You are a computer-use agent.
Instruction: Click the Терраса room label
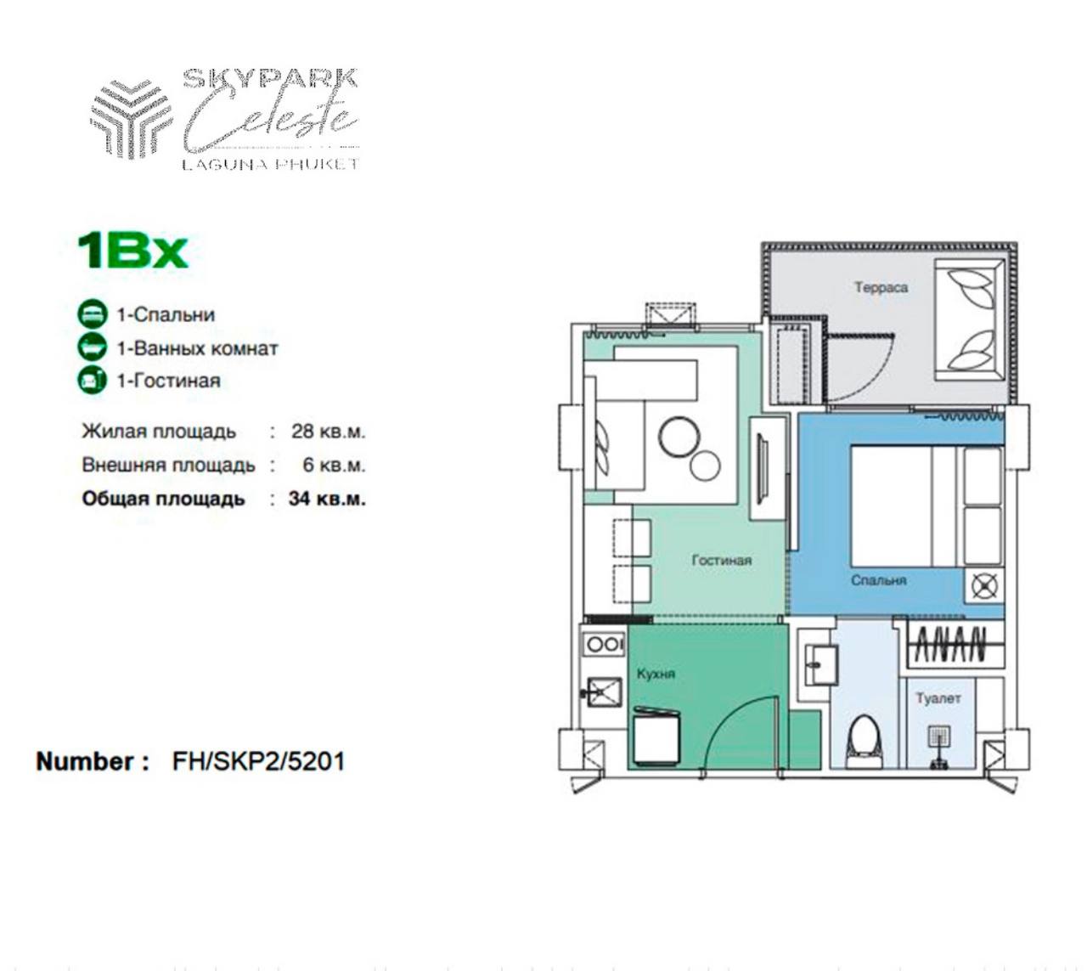[x=881, y=288]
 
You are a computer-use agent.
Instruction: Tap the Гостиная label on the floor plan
[x=721, y=561]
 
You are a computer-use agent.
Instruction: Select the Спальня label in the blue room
[x=878, y=580]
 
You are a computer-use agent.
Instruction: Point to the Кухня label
[x=656, y=675]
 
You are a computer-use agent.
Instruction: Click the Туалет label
[x=938, y=698]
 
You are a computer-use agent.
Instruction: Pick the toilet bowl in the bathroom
[x=864, y=743]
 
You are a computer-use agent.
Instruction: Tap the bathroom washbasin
[x=820, y=664]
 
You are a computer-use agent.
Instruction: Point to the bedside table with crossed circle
[x=984, y=585]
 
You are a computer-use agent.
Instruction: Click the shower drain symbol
[x=939, y=736]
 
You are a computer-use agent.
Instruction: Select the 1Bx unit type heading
[x=132, y=251]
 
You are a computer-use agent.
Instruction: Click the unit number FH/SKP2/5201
[x=258, y=762]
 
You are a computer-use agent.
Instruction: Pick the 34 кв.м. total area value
[x=327, y=499]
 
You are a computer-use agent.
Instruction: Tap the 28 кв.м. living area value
[x=329, y=431]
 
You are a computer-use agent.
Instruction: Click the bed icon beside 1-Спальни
[x=93, y=314]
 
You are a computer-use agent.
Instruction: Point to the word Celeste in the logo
[x=272, y=118]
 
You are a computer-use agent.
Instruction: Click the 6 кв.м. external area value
[x=334, y=465]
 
